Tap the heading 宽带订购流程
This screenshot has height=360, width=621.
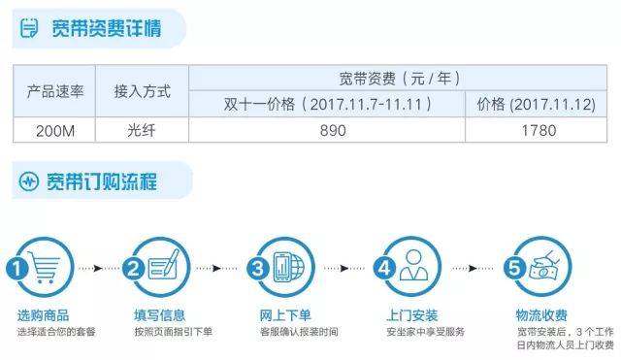tap(106, 181)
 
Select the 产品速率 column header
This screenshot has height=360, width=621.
tap(55, 92)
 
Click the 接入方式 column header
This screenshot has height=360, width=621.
tap(142, 92)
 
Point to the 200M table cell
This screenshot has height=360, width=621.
tap(55, 130)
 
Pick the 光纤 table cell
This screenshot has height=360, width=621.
tap(142, 130)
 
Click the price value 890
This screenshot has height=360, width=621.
tap(332, 130)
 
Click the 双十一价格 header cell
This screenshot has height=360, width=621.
tap(332, 104)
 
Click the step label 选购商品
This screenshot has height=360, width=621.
tap(42, 315)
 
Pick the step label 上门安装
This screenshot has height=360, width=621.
tap(411, 315)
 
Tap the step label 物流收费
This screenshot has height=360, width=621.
tap(540, 315)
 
